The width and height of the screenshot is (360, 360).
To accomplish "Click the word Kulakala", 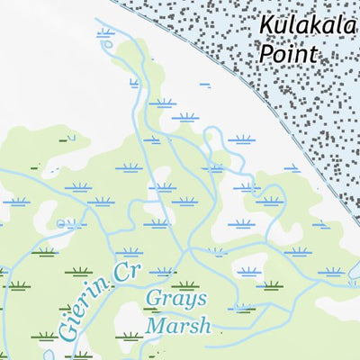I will coord(309,26).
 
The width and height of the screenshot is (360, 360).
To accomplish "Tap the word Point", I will coord(289,54).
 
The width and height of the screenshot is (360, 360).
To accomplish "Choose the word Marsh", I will coord(179,324).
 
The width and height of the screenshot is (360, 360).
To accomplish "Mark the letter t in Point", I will coord(313,54).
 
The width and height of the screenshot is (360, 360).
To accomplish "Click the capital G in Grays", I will coord(152,300).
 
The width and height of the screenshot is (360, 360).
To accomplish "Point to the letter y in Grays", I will coord(190,302).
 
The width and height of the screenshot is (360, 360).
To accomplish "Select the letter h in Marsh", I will coord(204,324).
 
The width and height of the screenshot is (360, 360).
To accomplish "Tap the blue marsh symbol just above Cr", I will coord(129,251).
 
